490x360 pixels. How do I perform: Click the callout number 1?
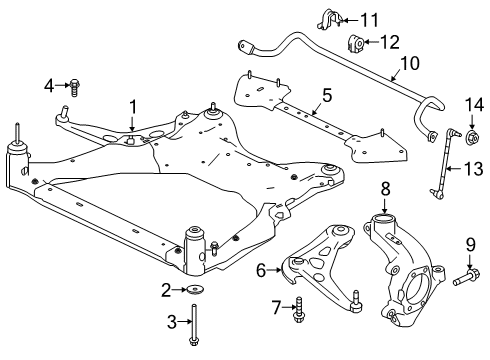point(132,105)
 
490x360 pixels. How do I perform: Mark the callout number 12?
point(390,41)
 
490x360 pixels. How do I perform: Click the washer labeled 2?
point(193,291)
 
